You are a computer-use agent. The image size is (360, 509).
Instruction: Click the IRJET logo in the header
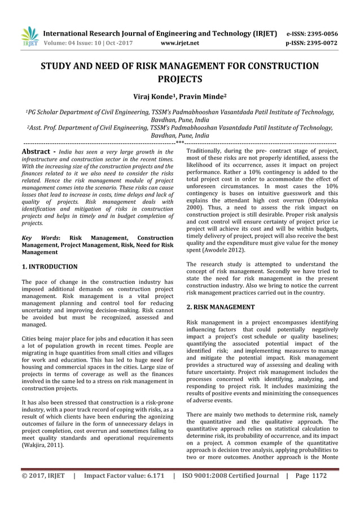tap(29, 37)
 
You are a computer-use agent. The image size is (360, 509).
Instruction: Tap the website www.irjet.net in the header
tap(180, 42)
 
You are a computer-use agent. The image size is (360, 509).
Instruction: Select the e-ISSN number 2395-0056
tap(325, 33)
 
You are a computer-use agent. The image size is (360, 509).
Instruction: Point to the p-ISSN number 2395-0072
tap(325, 42)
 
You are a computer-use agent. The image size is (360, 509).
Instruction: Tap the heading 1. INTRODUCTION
tap(49, 266)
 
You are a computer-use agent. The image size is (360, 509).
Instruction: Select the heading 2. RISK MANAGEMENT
tap(220, 307)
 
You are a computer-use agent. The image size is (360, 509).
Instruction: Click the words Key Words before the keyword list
tap(42, 239)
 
